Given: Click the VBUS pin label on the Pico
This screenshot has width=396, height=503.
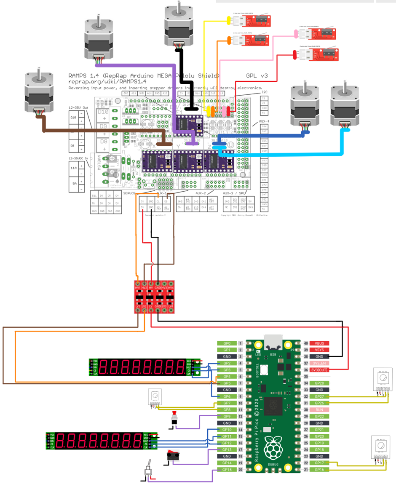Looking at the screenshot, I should pos(318,343).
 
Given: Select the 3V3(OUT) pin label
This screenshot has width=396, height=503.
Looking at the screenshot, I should pos(318,370).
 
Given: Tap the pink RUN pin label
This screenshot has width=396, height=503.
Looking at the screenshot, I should pos(319,409).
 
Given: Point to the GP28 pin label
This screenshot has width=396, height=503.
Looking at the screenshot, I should pos(319,383).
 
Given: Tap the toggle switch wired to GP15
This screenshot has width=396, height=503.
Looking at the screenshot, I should pos(148,474).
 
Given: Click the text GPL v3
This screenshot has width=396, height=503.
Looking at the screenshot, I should pos(257,76).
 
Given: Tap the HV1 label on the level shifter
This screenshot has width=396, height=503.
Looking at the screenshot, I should pos(138,288).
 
